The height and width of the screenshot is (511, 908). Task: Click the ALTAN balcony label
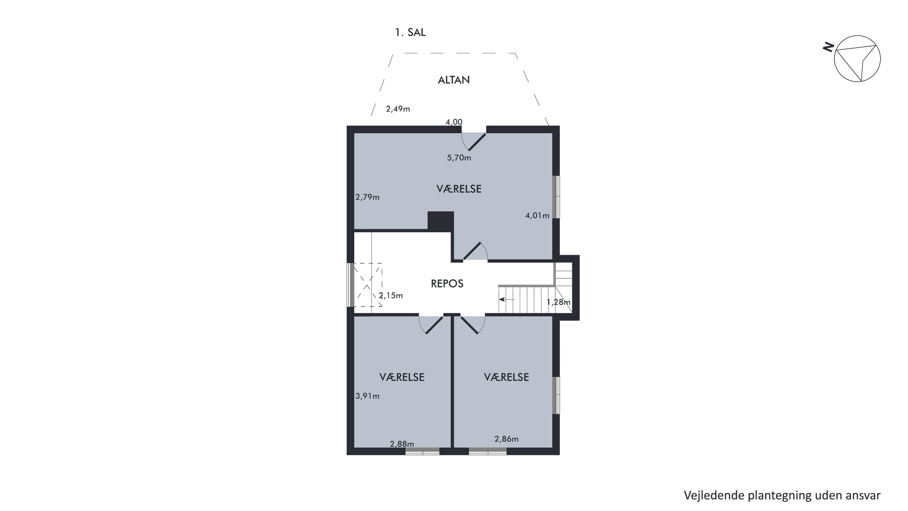(454, 80)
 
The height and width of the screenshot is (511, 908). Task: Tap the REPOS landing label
(447, 284)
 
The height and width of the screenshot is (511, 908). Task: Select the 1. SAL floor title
(410, 32)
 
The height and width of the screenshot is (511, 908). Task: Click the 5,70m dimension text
(459, 158)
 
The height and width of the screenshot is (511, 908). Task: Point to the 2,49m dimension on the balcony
(398, 109)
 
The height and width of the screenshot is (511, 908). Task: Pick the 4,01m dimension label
(537, 215)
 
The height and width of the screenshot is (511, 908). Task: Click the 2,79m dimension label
(367, 197)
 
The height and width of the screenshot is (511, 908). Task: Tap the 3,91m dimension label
(367, 396)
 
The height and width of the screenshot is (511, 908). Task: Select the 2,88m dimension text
(402, 444)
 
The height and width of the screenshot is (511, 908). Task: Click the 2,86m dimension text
(507, 439)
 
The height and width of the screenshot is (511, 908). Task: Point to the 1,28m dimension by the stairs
(558, 302)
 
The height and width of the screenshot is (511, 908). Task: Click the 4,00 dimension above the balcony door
(454, 122)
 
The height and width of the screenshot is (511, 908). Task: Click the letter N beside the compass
(828, 47)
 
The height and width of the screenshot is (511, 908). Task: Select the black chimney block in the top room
(441, 221)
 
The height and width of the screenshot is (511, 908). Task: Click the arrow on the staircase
(507, 299)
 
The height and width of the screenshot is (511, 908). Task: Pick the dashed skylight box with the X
(368, 285)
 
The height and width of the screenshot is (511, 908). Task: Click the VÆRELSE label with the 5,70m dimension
(459, 189)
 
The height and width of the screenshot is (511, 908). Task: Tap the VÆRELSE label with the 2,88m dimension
(402, 377)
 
